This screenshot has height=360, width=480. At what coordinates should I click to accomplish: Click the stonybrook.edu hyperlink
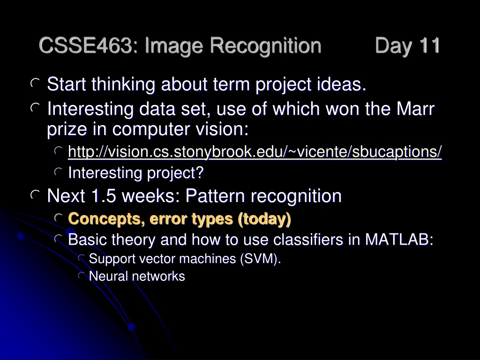tap(255, 151)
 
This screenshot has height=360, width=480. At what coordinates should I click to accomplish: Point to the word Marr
tap(415, 108)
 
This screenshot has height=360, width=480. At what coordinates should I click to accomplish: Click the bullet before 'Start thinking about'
tap(36, 83)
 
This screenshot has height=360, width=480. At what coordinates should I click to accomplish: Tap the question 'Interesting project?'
tap(135, 173)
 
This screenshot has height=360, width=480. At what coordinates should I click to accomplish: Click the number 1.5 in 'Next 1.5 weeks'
tap(104, 195)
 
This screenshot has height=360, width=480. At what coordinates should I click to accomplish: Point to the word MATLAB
tap(399, 239)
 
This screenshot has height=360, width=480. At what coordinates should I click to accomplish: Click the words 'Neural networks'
tap(137, 276)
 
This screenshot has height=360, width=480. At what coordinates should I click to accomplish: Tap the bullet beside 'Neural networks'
tap(82, 275)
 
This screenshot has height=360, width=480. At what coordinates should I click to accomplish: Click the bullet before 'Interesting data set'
tap(36, 107)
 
